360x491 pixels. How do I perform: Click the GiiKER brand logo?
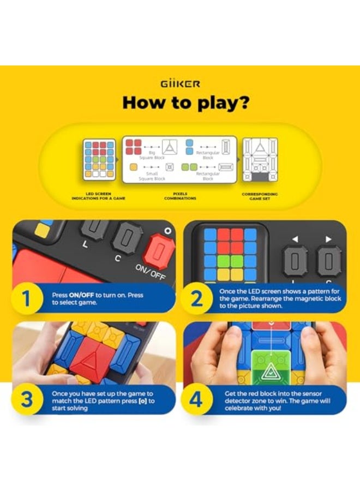pyautogui.click(x=180, y=83)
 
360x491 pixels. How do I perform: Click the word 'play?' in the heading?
pyautogui.click(x=209, y=103)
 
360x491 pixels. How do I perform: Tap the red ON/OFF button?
pyautogui.click(x=158, y=251)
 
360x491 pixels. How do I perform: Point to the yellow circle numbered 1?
pyautogui.click(x=26, y=298)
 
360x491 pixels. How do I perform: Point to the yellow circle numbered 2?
pyautogui.click(x=197, y=298)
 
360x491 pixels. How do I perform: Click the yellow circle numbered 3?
pyautogui.click(x=26, y=400)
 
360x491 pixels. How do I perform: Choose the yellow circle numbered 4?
pyautogui.click(x=197, y=400)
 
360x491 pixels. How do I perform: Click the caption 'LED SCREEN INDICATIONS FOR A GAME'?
pyautogui.click(x=98, y=196)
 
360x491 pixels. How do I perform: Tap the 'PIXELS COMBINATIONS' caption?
pyautogui.click(x=179, y=196)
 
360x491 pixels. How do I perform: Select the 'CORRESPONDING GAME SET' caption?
pyautogui.click(x=259, y=196)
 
